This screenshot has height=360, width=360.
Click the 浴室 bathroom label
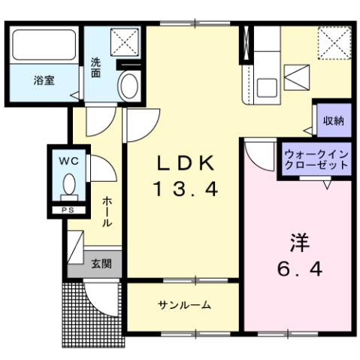pos(43,80)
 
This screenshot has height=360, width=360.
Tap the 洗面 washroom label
pos(97,68)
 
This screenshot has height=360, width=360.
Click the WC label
pos(68,159)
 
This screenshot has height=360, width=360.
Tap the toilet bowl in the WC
pos(70,184)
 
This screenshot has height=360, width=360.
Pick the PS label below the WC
pos(68,210)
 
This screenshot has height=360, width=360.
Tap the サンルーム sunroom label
pos(184,304)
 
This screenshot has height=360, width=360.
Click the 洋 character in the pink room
pos(299,243)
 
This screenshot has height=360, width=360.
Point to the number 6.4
pos(299,269)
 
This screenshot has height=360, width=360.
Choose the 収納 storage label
pos(334,121)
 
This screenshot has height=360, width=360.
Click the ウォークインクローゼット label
pos(316,160)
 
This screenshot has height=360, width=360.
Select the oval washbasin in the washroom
pos(129,86)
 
